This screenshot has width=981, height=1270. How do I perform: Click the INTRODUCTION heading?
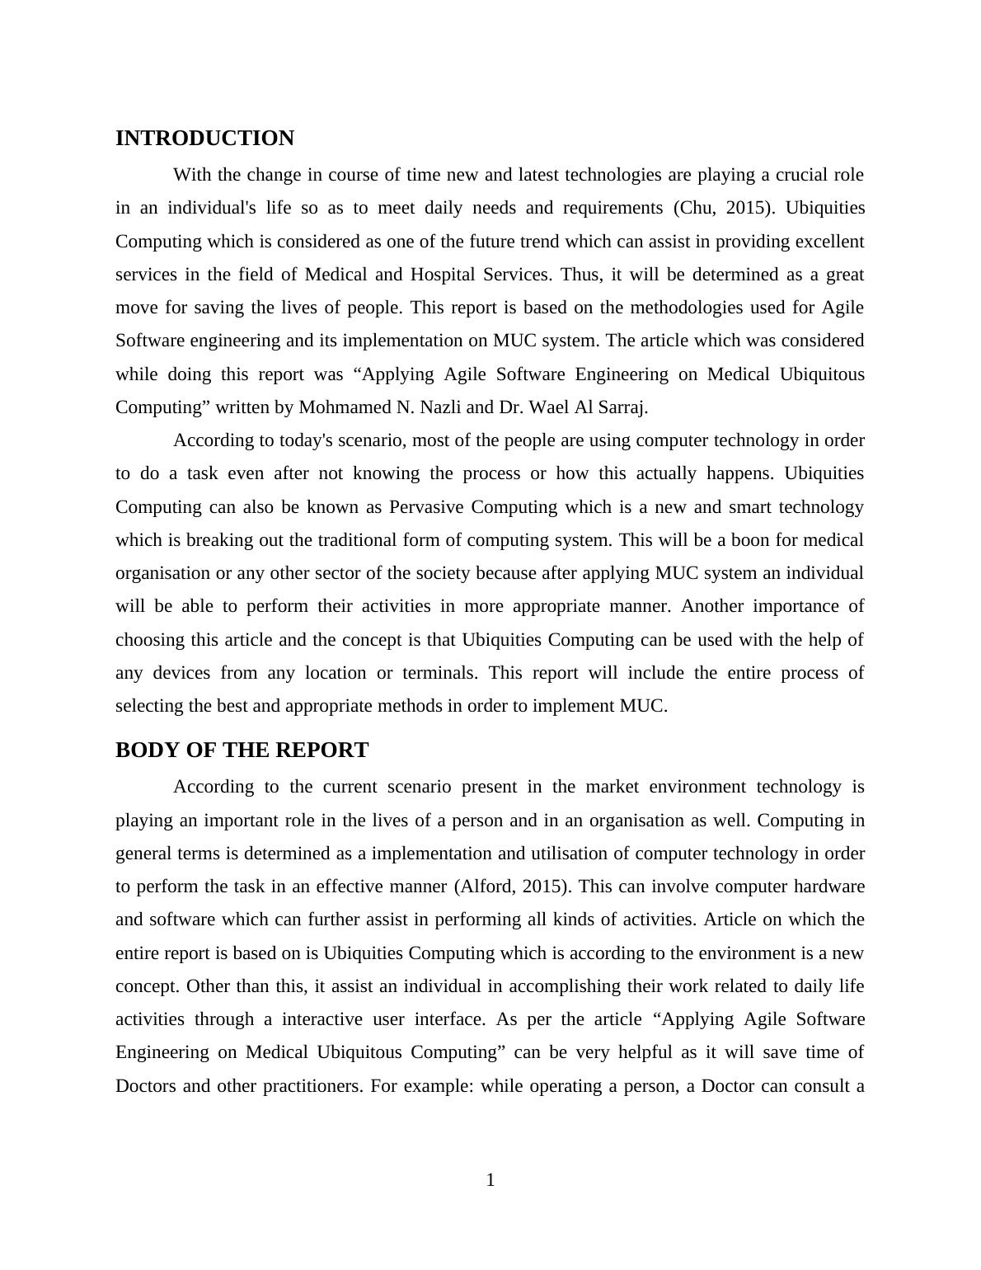204,139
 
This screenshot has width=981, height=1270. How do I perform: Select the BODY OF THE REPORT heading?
242,750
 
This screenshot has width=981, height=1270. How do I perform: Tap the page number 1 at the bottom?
490,1180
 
